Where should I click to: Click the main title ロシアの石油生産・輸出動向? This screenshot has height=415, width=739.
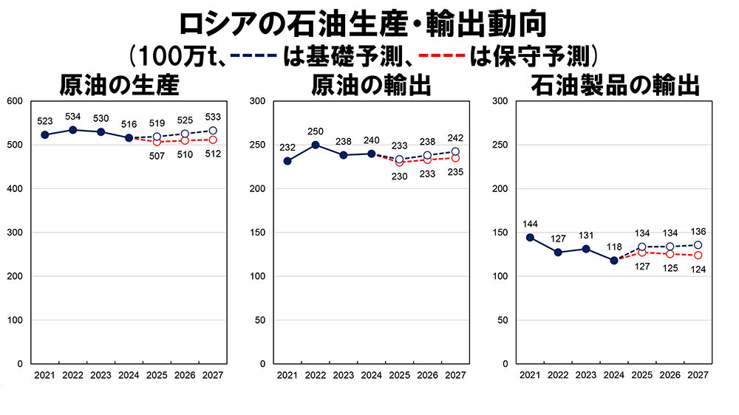[362, 21]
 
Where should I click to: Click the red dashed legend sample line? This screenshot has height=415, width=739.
[441, 55]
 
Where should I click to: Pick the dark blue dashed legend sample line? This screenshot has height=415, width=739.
[254, 55]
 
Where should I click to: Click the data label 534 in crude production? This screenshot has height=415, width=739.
[72, 117]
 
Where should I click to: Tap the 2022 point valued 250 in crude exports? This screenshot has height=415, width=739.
[315, 145]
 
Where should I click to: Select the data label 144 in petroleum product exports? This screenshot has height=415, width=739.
[529, 224]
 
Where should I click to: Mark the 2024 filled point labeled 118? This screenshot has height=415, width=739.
[613, 261]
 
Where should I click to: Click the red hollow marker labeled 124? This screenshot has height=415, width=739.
[698, 255]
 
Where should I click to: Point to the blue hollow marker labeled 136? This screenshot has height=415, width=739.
[698, 245]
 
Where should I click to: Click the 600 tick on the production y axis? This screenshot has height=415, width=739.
[15, 101]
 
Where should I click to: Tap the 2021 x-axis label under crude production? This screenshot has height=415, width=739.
[44, 375]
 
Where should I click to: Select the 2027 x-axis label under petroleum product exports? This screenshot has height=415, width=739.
[698, 375]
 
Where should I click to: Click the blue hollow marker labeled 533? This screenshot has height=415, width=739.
[213, 131]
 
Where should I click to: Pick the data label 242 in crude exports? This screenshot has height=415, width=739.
[454, 138]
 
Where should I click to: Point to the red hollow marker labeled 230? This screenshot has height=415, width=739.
[399, 162]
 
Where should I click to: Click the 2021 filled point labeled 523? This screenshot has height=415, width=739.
[45, 135]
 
